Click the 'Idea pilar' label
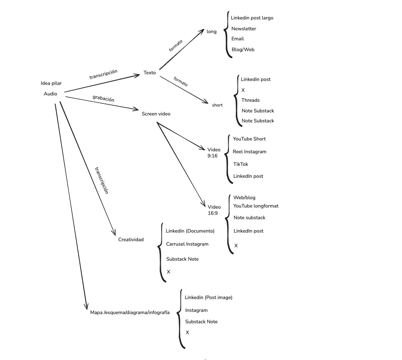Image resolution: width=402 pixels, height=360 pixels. coord(51,83)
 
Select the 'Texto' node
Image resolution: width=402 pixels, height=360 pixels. coord(150,73)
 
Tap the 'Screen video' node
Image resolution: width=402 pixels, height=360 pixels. coord(156,114)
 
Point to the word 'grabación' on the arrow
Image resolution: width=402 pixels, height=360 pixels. coord(103,98)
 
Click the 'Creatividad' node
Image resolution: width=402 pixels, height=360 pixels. coord(131,240)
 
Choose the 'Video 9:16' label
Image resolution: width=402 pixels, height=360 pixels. coord(214,153)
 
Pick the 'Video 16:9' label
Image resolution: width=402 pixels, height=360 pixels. coord(214,210)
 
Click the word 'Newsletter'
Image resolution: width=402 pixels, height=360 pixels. coord(244,29)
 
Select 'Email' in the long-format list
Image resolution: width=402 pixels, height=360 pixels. coord(237,39)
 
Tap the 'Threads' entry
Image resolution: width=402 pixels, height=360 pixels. coord(250,100)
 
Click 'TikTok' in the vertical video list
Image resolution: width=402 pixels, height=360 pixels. coord(240,164)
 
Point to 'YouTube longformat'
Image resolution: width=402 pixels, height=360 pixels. coord(256,206)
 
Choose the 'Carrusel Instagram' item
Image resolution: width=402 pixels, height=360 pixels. coord(187,244)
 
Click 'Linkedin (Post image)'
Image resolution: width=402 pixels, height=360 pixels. coord(209,297)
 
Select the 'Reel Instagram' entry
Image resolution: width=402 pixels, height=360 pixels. coord(249,152)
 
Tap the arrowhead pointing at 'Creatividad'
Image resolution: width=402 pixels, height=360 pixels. coord(114,233)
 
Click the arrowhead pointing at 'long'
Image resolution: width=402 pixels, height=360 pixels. coord(202,31)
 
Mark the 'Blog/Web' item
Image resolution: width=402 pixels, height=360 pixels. coord(243,50)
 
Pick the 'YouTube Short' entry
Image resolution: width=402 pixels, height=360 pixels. coord(249,139)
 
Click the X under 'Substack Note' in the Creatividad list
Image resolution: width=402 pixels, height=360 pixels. coord(168,272)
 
